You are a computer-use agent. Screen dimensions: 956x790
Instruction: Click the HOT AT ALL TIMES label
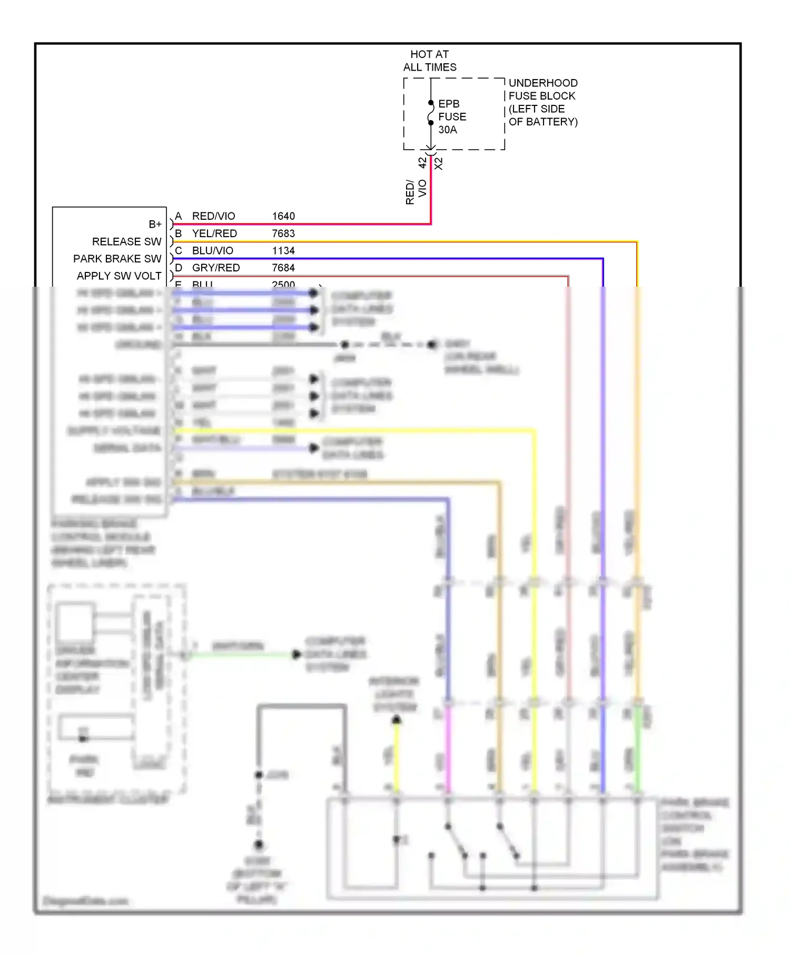(x=429, y=61)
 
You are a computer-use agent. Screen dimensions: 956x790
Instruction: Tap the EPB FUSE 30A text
(x=451, y=116)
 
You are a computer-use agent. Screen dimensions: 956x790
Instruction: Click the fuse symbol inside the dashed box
(x=431, y=113)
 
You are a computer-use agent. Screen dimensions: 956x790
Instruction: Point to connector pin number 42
(x=422, y=163)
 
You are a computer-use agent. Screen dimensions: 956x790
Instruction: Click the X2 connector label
(x=439, y=163)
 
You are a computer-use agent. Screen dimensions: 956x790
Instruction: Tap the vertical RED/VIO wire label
(x=416, y=192)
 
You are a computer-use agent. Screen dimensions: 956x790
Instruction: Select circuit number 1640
(x=283, y=216)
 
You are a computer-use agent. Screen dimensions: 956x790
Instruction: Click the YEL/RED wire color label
(x=214, y=233)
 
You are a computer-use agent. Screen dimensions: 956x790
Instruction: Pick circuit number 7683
(x=283, y=233)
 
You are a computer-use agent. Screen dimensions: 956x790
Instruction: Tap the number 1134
(x=283, y=251)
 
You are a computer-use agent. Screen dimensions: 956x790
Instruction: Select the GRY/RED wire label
(x=216, y=268)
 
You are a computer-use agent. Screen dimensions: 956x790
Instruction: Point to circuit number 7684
(x=283, y=268)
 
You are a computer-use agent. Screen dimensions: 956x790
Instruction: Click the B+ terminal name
(x=155, y=225)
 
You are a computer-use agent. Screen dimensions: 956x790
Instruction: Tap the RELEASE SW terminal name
(x=126, y=241)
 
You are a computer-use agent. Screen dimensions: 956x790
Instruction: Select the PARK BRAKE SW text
(x=117, y=259)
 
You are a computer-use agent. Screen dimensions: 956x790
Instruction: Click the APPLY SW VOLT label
(x=119, y=276)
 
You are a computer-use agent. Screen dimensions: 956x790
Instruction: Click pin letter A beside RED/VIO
(x=179, y=216)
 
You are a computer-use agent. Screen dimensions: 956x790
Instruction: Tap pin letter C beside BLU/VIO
(x=179, y=251)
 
